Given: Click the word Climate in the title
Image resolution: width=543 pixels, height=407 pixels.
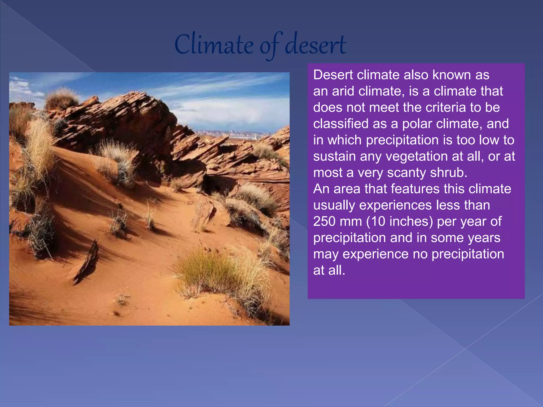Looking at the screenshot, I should pyautogui.click(x=214, y=45).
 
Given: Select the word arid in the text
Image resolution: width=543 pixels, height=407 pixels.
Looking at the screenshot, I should pyautogui.click(x=343, y=91).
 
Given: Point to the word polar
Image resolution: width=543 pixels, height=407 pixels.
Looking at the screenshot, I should pyautogui.click(x=417, y=124).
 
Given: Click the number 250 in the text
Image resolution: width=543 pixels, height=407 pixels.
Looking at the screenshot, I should pyautogui.click(x=324, y=222).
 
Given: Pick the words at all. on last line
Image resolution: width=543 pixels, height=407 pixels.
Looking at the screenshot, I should pyautogui.click(x=329, y=271).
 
